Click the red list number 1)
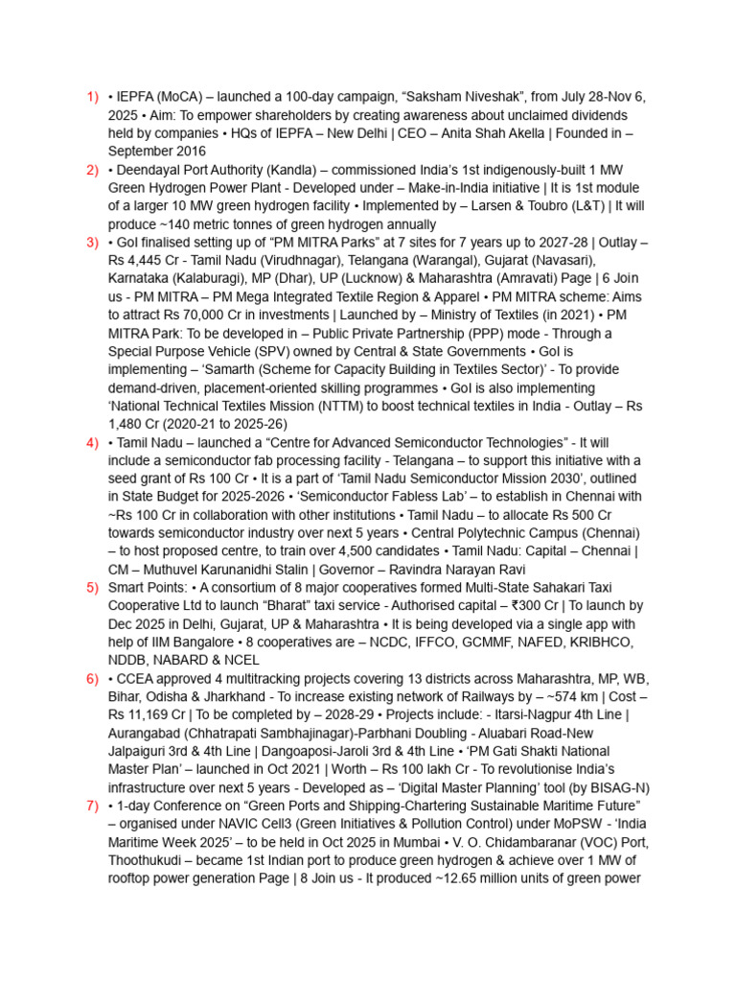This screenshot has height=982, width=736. coord(93,97)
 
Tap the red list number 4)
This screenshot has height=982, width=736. coord(93,442)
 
